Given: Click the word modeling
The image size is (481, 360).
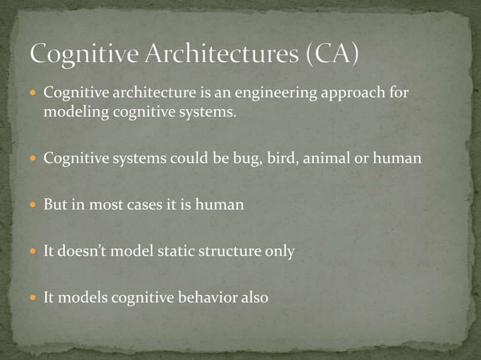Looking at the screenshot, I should coord(75,113).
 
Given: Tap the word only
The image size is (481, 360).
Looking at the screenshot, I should coord(278,251).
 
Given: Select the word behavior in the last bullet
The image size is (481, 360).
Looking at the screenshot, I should coord(204,297).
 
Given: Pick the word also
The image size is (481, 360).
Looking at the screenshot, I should coord(253,297).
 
